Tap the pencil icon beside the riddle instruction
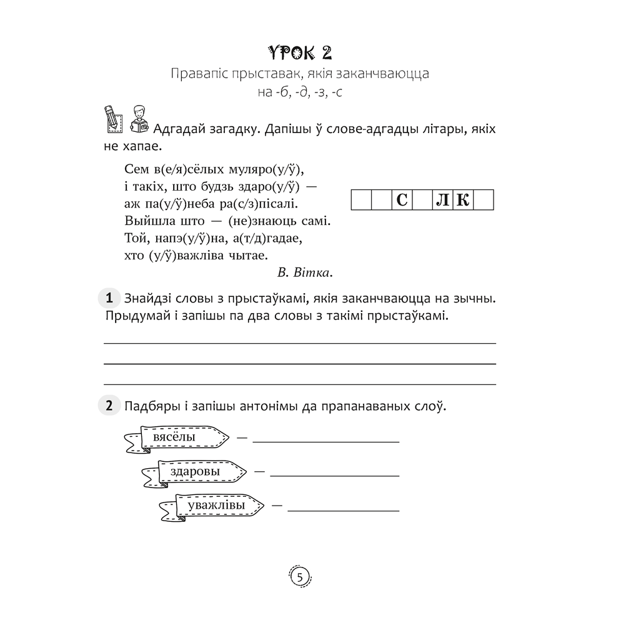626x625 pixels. (112, 118)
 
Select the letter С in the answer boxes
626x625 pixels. (402, 201)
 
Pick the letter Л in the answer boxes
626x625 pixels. (442, 201)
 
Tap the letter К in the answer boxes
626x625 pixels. (462, 201)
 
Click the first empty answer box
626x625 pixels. (361, 201)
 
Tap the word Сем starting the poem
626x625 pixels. (127, 169)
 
